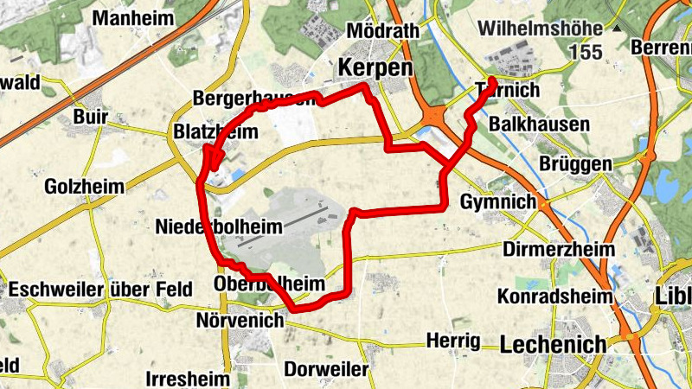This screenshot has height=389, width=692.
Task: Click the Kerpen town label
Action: click(375, 67)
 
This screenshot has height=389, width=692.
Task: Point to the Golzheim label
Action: click(84, 186)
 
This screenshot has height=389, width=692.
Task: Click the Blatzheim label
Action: click(215, 132)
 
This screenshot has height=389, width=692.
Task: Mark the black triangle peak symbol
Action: click(618, 29)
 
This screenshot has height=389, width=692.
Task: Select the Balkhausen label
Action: click(539, 124)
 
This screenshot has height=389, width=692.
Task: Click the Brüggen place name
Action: click(574, 163)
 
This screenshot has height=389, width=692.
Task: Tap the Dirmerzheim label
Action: click(559, 250)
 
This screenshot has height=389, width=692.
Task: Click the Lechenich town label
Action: click(554, 344)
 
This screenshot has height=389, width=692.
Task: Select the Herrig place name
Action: click(452, 341)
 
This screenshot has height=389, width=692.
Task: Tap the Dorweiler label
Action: click(326, 369)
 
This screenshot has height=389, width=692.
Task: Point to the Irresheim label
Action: click(189, 379)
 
